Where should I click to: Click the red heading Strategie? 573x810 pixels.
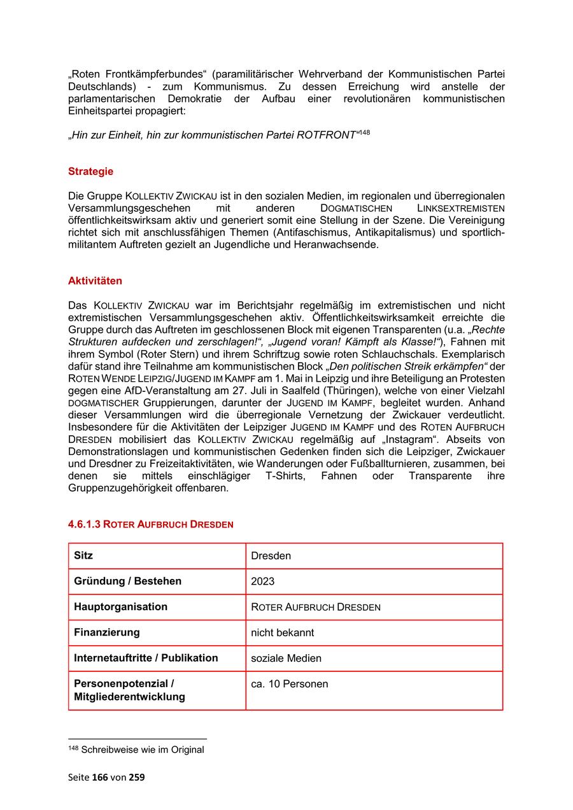point(90,171)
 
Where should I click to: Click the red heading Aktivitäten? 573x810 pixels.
point(95,281)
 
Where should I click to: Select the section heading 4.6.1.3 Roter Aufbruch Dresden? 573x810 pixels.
point(150,524)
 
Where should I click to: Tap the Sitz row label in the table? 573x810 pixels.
point(83,555)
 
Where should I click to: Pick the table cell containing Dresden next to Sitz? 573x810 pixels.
point(271,556)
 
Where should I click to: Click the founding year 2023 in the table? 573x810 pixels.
point(262,582)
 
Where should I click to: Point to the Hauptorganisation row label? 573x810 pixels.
point(120,607)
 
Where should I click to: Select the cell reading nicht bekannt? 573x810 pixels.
point(282,633)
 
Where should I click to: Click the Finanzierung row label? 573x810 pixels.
point(106,632)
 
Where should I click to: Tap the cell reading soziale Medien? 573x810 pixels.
point(286,659)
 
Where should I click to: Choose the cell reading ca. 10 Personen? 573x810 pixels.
point(289,685)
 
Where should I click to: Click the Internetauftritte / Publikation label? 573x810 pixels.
point(146,658)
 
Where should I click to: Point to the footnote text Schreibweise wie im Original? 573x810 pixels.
point(142,750)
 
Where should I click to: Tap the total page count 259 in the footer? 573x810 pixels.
point(137,777)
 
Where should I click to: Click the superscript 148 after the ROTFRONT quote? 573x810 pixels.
point(364,132)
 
